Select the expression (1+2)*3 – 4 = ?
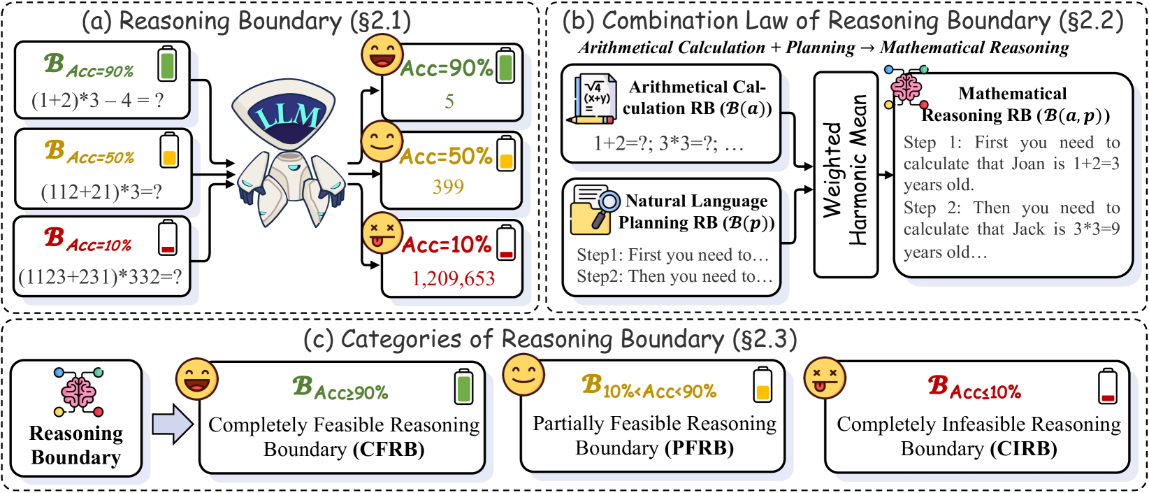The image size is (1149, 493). (97, 101)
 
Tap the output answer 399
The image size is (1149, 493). (448, 187)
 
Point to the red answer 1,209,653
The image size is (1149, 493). (453, 279)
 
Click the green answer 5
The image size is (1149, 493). (449, 101)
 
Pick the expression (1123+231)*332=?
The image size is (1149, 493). (100, 277)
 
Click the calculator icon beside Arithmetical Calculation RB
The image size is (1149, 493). (593, 99)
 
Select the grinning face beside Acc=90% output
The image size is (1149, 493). (382, 55)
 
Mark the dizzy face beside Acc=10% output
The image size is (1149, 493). (382, 233)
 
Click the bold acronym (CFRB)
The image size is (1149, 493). (389, 449)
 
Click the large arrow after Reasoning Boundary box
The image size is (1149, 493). (172, 424)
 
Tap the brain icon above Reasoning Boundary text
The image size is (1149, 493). (78, 392)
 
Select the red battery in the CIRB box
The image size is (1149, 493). (1107, 387)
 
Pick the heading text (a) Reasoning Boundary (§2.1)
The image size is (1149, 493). (246, 21)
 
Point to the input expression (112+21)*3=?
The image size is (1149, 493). (101, 192)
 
